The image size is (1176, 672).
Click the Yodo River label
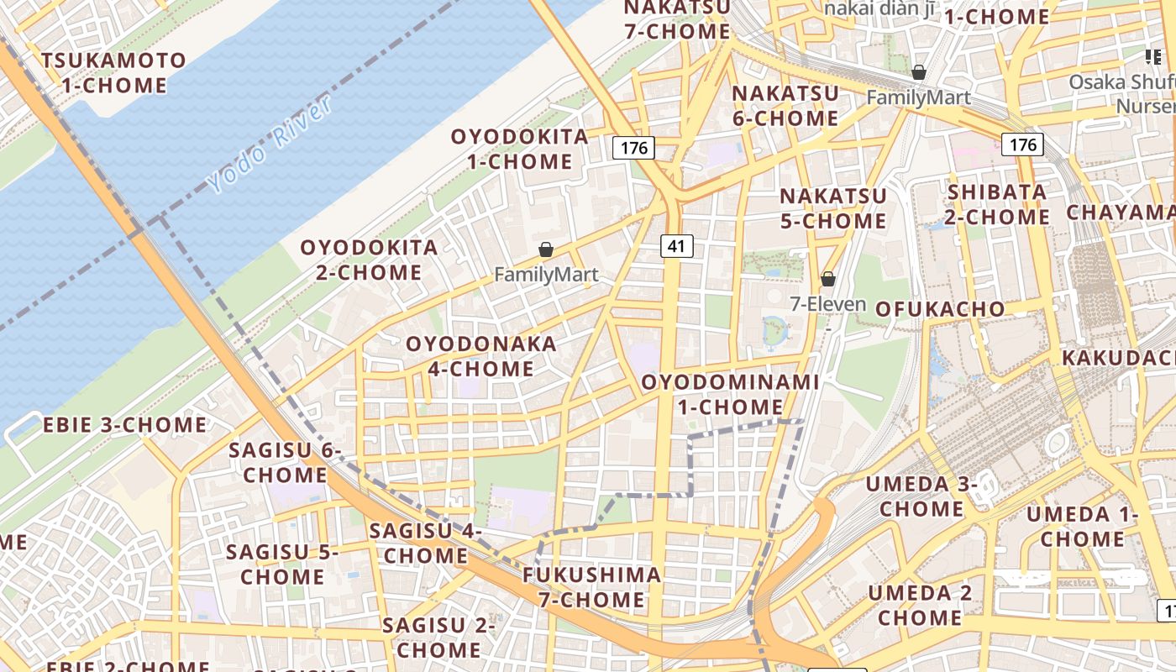click(270, 144)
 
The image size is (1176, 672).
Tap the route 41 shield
click(676, 245)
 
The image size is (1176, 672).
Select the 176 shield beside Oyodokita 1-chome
click(633, 148)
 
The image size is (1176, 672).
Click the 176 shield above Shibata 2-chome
click(1022, 144)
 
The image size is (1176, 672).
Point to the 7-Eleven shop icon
click(828, 279)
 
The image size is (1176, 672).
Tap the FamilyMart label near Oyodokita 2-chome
click(546, 275)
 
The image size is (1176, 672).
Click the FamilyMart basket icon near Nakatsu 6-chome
click(919, 73)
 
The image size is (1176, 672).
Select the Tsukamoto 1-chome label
click(113, 73)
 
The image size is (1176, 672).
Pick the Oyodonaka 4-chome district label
click(481, 356)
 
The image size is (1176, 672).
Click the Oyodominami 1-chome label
click(730, 395)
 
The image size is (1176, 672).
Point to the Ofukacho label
click(940, 309)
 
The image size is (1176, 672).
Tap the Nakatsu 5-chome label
click(833, 208)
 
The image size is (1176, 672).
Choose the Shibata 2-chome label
click(998, 204)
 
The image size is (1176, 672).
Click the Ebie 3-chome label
click(124, 425)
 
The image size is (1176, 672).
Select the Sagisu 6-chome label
click(285, 462)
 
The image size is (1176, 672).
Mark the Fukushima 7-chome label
click(591, 587)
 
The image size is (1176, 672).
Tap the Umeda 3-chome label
click(921, 496)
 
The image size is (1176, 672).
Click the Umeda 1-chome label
click(1082, 526)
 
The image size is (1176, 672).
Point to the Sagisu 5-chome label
click(282, 564)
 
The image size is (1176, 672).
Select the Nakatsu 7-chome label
click(677, 19)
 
